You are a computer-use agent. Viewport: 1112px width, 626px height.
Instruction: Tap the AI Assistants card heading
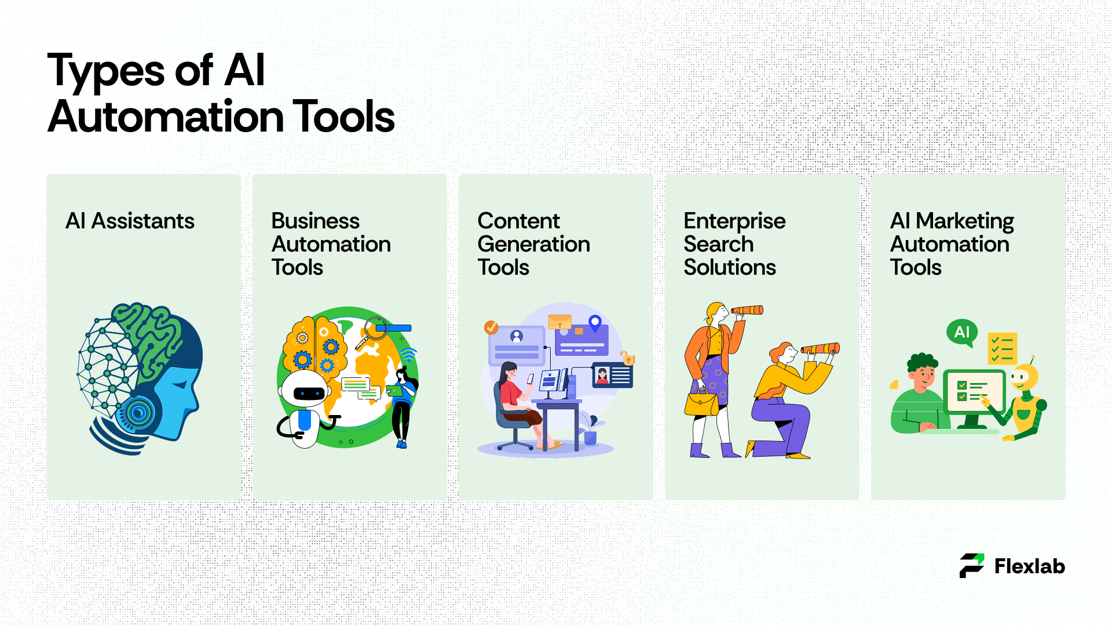point(130,221)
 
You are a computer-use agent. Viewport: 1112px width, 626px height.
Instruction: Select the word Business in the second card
point(315,221)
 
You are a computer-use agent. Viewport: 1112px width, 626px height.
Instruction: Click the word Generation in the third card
point(533,244)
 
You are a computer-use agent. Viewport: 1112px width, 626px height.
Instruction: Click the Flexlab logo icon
point(972,566)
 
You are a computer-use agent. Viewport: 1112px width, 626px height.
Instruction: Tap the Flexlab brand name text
point(1029,566)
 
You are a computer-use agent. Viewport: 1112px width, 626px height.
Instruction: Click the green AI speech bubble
point(962,333)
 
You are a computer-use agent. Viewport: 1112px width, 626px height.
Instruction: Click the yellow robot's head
point(1024,377)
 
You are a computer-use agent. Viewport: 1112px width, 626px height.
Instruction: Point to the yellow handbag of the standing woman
point(701,403)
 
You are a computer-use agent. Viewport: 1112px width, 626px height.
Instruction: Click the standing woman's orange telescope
point(747,311)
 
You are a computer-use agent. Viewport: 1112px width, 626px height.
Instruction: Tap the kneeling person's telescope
point(820,348)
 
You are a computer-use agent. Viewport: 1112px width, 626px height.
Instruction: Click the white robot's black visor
point(310,394)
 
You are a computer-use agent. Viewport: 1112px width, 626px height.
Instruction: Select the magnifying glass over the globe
point(371,333)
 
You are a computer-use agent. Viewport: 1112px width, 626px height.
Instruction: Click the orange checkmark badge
point(491,327)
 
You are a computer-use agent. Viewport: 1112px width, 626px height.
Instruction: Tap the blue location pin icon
point(595,323)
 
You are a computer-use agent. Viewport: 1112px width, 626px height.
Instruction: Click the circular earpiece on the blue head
point(137,413)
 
